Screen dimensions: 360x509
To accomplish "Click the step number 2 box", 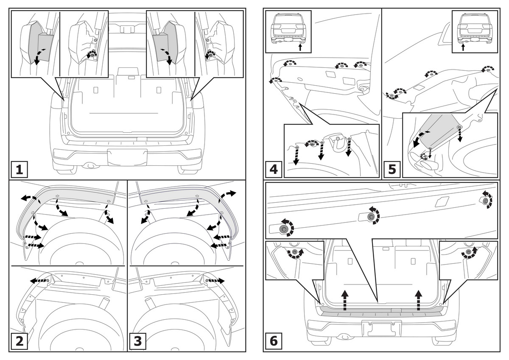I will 19,341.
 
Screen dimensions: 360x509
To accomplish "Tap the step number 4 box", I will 274,170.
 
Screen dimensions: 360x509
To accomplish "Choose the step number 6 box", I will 274,340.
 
